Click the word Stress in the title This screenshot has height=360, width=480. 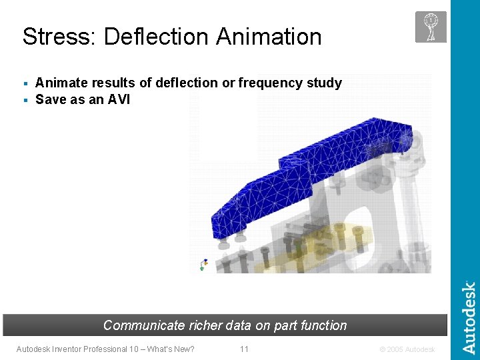tap(53, 37)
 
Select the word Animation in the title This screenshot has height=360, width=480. tap(269, 37)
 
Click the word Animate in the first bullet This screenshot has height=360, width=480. tap(59, 83)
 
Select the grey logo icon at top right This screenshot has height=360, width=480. tap(431, 27)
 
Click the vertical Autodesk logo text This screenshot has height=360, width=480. tap(469, 317)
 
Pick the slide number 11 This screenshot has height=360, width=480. tap(244, 349)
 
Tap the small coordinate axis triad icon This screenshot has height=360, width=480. tap(204, 265)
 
